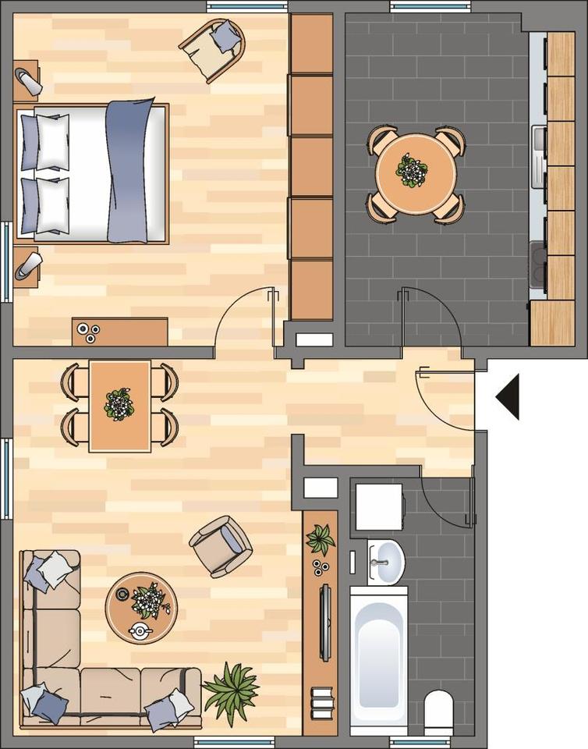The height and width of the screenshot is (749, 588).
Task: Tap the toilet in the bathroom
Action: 438,708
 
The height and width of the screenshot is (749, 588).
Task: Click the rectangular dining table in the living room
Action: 119,406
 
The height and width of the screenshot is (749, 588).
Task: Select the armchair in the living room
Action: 221,545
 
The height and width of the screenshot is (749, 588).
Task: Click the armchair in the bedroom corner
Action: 213,48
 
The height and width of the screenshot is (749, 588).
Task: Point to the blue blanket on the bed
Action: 128,171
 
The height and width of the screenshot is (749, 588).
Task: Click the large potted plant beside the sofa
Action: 231,690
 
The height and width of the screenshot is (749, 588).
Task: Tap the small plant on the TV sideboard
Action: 320,538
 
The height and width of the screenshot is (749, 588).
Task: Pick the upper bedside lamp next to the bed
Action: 28,80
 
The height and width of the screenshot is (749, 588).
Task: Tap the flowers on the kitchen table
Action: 410,169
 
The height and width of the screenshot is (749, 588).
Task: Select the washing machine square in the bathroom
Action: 378,506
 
